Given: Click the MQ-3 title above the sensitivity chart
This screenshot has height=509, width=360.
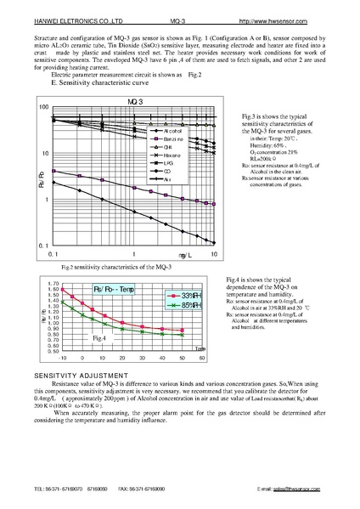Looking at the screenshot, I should click(x=135, y=101).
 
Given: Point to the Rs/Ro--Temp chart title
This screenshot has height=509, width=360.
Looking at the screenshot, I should click(x=112, y=289).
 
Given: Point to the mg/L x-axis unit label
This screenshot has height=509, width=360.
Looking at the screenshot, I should click(x=185, y=255).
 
